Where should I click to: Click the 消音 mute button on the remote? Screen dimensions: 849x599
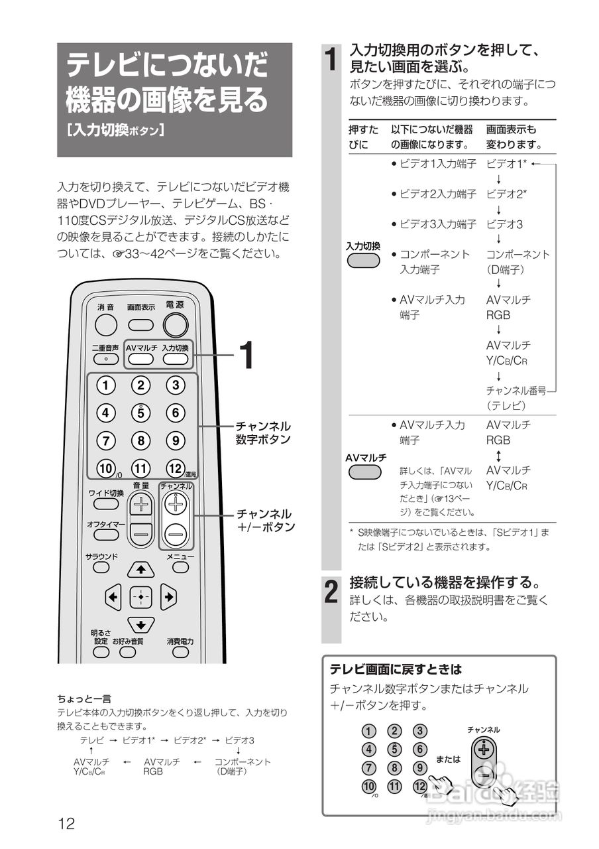105,324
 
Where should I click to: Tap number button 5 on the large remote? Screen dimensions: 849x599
140,413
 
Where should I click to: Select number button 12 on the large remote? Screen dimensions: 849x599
175,468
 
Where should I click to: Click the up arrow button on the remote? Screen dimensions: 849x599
140,568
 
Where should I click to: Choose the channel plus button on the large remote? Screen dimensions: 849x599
176,505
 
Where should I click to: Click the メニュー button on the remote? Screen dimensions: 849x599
180,568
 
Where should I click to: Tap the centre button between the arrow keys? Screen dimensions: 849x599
140,596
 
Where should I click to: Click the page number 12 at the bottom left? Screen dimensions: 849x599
66,824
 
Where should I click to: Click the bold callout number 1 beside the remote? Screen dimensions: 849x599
245,356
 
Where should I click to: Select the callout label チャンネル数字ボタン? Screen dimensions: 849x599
263,432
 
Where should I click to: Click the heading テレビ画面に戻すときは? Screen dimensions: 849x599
396,669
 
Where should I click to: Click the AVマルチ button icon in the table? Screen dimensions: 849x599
364,472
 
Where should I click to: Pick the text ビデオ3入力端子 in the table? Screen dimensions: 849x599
438,224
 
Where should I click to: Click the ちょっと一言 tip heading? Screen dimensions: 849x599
84,698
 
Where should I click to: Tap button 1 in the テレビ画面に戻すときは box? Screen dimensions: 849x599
369,732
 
